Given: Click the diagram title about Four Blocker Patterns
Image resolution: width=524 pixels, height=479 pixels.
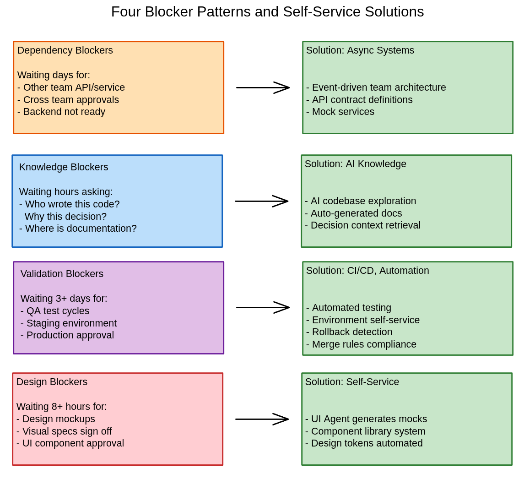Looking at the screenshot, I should tap(267, 12).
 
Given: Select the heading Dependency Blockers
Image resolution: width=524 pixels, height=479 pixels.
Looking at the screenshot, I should tap(65, 50).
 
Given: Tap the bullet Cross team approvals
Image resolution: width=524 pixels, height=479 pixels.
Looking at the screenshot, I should tap(68, 100).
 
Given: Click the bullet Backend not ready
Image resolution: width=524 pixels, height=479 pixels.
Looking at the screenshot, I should tap(61, 112).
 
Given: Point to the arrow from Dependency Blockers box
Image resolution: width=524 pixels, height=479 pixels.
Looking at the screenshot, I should tap(263, 87).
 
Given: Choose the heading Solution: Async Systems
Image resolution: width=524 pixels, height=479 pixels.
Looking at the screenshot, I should tap(360, 50).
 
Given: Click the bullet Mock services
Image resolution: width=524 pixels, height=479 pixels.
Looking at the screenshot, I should tap(340, 112).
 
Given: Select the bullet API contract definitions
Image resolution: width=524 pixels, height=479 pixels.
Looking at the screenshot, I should tap(359, 100).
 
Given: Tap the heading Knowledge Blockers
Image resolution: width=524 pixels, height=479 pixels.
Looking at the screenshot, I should tap(64, 167).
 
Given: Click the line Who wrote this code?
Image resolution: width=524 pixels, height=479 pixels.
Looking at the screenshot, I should tap(70, 204).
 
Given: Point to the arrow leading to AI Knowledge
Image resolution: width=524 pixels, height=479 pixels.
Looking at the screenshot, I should tap(261, 201).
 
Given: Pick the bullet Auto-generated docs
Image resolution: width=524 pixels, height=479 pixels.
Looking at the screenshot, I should tap(353, 213).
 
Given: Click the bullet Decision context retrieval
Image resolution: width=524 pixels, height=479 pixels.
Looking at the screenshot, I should tap(362, 225).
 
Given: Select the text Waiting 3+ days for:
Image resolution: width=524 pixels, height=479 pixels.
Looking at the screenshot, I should tap(64, 299).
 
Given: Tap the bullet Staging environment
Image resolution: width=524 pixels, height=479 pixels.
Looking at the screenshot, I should tap(69, 323).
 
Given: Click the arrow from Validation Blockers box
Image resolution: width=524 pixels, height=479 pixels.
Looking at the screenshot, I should tap(263, 307).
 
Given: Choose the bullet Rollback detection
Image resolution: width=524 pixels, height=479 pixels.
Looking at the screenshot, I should tap(349, 332).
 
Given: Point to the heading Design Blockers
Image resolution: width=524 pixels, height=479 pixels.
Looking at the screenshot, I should tap(52, 382).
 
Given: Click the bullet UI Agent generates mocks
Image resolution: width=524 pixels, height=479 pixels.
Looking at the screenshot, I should tap(366, 419).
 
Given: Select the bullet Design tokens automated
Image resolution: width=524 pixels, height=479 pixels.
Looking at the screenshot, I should tap(364, 443).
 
